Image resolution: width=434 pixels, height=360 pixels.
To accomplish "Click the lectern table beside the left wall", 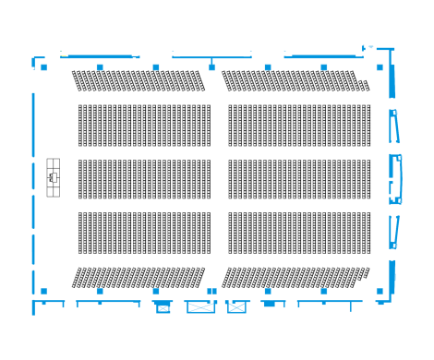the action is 54,177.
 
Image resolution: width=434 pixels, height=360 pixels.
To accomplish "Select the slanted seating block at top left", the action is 139,80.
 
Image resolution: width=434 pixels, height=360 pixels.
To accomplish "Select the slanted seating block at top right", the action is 294,80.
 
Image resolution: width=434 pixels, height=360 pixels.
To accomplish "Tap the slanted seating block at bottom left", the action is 139,277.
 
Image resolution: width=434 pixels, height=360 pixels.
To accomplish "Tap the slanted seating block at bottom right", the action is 294,277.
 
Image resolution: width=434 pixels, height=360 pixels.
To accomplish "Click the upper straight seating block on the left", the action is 144,126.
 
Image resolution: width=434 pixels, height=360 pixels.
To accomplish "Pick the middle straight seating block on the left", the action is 144,179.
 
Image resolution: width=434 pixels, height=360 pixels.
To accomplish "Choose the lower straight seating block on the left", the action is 144,233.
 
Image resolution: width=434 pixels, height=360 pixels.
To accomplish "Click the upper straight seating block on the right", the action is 299,126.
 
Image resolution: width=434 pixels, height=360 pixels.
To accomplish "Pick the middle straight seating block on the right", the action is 299,179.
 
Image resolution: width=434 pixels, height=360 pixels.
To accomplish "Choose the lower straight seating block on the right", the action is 299,233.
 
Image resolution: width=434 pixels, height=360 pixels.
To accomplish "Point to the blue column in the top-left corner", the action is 43,67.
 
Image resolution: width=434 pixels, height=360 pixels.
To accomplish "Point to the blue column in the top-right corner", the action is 380,67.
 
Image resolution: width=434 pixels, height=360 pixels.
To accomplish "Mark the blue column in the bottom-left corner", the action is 43,291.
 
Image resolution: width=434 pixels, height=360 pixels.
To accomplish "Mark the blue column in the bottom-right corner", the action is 380,291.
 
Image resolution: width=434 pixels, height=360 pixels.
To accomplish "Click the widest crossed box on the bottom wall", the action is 200,306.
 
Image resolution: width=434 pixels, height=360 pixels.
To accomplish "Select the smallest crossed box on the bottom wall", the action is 163,307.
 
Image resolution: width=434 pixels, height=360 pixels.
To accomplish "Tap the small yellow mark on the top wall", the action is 64,55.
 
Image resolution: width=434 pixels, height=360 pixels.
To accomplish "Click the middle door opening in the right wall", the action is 395,178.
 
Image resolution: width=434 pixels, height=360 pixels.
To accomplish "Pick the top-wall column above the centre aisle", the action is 211,67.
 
